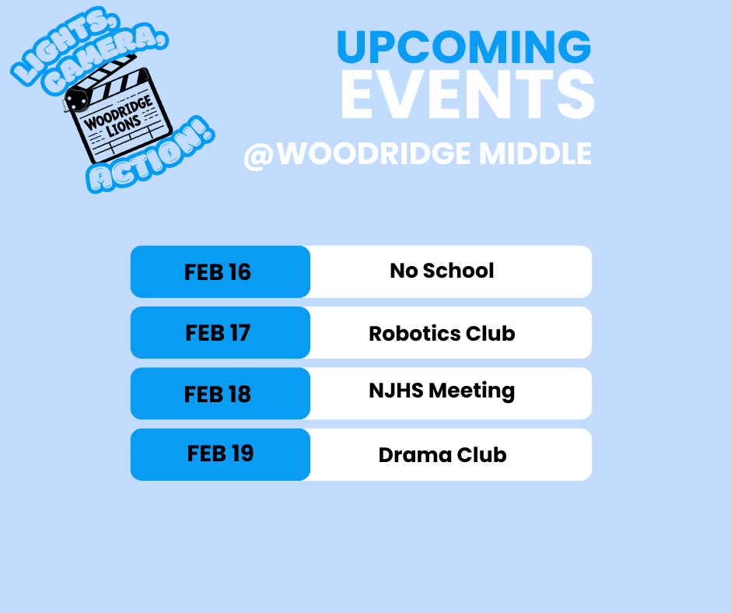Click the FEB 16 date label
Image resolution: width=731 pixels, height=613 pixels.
click(218, 271)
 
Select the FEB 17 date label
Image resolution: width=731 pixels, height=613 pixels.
click(218, 333)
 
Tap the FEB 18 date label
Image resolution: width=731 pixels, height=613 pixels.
click(218, 394)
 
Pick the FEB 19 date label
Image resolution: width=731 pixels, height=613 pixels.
click(220, 454)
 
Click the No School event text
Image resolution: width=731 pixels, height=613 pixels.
click(442, 271)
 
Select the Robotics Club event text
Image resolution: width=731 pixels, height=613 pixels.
click(442, 334)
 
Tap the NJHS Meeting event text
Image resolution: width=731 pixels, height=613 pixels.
click(442, 391)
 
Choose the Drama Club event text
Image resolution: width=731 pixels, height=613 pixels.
click(442, 455)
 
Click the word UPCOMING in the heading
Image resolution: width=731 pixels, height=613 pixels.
click(463, 47)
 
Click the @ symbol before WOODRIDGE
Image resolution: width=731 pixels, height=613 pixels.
click(259, 155)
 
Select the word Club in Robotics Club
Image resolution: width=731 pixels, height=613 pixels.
click(491, 334)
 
